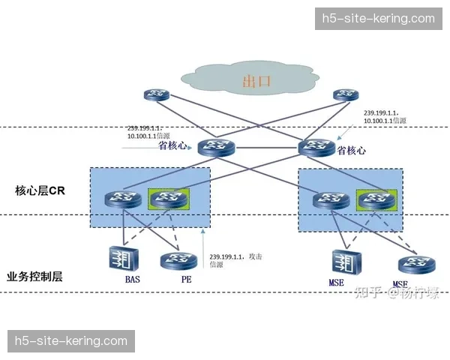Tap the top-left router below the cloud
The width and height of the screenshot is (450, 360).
pyautogui.click(x=157, y=95)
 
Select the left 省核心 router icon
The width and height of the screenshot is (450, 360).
pyautogui.click(x=217, y=146)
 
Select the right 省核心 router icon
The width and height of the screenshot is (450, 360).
pyautogui.click(x=316, y=146)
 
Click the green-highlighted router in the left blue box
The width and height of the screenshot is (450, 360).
pyautogui.click(x=168, y=198)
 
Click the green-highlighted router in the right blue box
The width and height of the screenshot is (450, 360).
pyautogui.click(x=374, y=199)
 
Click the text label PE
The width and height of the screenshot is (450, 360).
pyautogui.click(x=185, y=280)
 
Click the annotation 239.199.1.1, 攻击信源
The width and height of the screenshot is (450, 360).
pyautogui.click(x=235, y=261)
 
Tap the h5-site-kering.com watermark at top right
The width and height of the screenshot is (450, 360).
pyautogui.click(x=377, y=19)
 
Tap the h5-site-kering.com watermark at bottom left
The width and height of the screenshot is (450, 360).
pyautogui.click(x=72, y=341)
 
